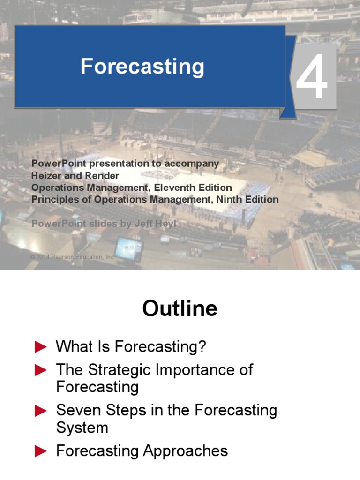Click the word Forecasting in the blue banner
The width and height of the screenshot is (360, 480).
point(142,67)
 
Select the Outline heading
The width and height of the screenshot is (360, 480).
point(180,309)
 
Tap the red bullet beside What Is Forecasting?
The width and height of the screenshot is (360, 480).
point(41,347)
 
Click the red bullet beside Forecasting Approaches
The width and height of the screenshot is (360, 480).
point(41,451)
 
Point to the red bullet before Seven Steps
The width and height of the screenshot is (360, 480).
point(41,411)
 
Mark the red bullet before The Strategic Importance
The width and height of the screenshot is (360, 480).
point(41,371)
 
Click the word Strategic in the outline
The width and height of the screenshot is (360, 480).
point(120,370)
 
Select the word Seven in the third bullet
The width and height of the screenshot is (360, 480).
point(77,411)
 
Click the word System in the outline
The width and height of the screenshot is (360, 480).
point(82,427)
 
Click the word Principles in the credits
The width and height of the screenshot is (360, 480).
point(52,200)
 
